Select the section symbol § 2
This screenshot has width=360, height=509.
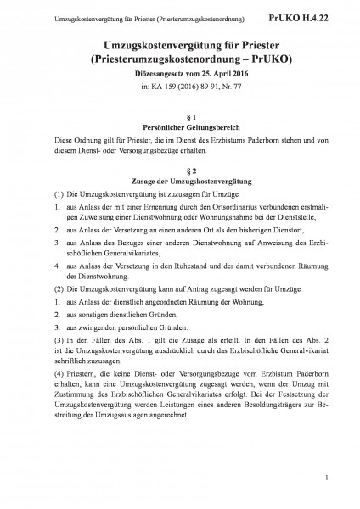tap(179, 170)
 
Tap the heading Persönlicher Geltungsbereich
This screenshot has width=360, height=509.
tap(179, 126)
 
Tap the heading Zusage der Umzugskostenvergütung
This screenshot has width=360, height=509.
tap(179, 181)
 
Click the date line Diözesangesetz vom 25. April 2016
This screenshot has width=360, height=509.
tap(179, 76)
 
